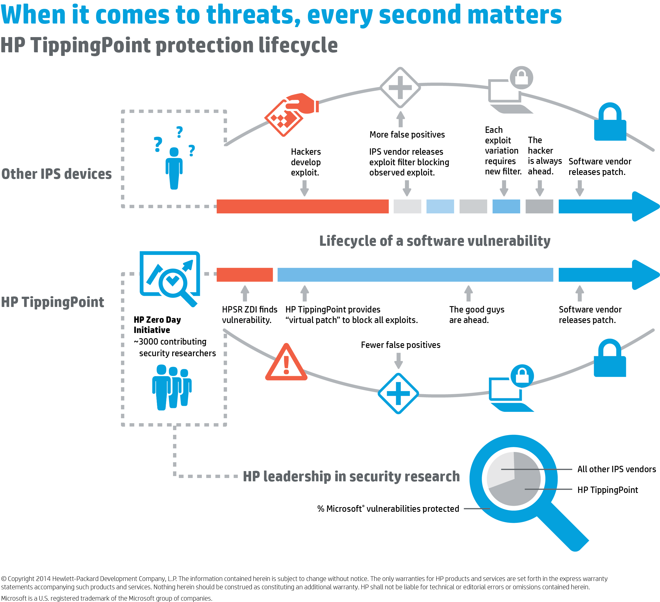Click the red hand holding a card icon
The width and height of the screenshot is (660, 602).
pyautogui.click(x=291, y=113)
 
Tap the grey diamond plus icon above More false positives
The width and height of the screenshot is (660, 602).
pyautogui.click(x=400, y=87)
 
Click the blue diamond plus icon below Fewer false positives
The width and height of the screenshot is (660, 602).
pyautogui.click(x=398, y=393)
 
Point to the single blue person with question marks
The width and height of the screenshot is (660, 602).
pyautogui.click(x=174, y=167)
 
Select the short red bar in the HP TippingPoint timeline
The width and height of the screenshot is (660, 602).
pyautogui.click(x=244, y=275)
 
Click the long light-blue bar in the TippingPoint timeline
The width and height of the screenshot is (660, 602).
pyautogui.click(x=415, y=275)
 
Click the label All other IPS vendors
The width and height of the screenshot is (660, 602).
pyautogui.click(x=617, y=469)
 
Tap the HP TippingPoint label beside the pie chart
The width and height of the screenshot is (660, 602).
pyautogui.click(x=607, y=490)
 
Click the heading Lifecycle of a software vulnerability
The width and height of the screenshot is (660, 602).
pyautogui.click(x=434, y=241)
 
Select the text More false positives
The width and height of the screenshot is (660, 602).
pyautogui.click(x=407, y=135)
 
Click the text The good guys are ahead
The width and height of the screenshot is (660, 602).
pyautogui.click(x=476, y=315)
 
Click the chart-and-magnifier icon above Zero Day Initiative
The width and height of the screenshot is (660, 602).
pyautogui.click(x=170, y=278)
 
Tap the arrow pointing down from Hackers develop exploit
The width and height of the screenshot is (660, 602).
pyautogui.click(x=305, y=188)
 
